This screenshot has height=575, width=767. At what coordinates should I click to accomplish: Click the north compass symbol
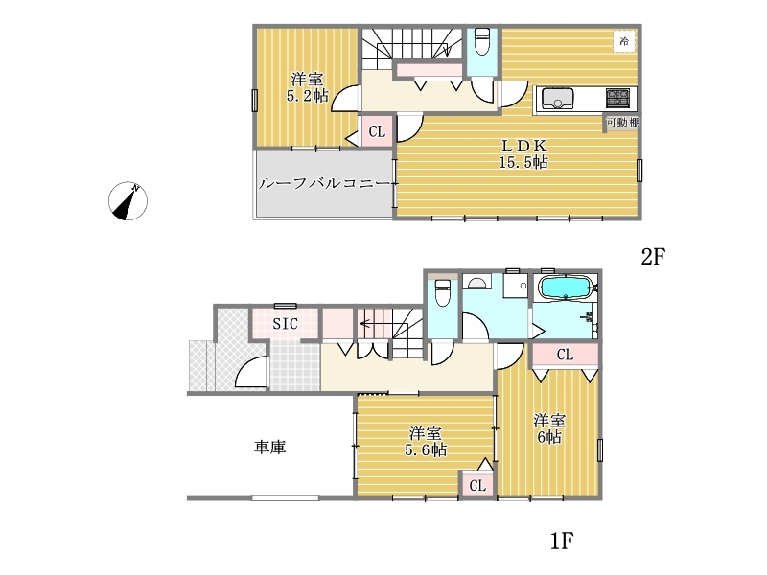point(128,201)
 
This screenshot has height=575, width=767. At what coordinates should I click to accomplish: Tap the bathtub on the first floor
point(566,287)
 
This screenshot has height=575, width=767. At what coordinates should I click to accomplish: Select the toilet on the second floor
point(482,41)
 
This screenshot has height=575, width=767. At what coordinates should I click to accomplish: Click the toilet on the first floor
point(443,292)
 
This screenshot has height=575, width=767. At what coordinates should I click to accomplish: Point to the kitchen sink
point(557,99)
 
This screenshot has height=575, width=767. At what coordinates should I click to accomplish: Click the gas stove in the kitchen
point(618,98)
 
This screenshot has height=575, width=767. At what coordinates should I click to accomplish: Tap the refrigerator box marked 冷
point(624,41)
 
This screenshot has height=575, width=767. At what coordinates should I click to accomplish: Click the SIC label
point(285,324)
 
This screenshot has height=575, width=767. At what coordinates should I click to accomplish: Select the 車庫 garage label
point(270,447)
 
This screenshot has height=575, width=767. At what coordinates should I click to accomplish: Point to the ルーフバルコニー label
point(325,184)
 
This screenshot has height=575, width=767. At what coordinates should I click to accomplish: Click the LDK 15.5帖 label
point(523,153)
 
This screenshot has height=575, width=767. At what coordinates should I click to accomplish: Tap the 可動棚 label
point(622,123)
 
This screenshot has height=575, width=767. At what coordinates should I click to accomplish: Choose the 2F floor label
point(654,256)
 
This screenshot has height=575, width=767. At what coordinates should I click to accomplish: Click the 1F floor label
point(562,540)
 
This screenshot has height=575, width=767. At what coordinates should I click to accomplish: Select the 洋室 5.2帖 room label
point(307,87)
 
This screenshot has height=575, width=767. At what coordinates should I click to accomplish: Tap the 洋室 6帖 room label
point(549,428)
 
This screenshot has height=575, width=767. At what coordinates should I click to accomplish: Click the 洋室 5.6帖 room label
point(426,442)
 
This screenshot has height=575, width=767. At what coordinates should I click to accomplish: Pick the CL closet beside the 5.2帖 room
point(377,131)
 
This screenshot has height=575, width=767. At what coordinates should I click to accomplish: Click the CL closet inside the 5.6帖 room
point(477,485)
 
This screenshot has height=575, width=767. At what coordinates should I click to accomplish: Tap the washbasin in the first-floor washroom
point(476,282)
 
